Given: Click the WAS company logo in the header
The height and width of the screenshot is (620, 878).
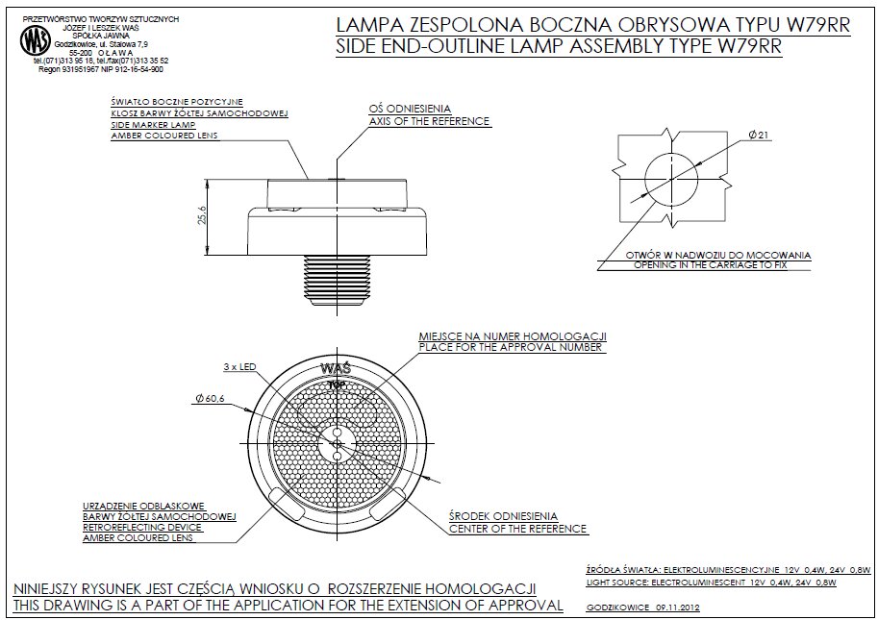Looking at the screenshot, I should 36,40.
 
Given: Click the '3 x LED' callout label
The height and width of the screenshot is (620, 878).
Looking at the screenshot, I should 238,367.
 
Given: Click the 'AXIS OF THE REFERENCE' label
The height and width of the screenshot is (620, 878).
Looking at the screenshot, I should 430,122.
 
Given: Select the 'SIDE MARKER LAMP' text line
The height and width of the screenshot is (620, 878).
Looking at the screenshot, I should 154,125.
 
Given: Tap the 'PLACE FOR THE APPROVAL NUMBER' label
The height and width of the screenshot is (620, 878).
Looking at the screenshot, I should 511,347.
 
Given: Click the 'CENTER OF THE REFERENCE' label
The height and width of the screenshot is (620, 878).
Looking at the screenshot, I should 517,529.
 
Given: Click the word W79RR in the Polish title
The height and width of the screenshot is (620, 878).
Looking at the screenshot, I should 814,27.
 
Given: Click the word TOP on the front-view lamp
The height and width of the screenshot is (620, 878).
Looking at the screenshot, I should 337,384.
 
